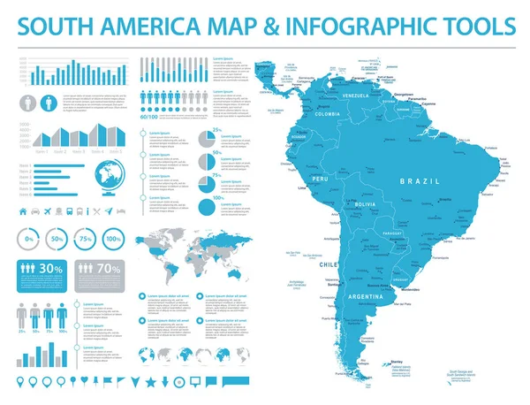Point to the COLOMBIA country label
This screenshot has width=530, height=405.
pyautogui.click(x=327, y=113)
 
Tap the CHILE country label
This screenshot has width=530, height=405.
pyautogui.click(x=327, y=264)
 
